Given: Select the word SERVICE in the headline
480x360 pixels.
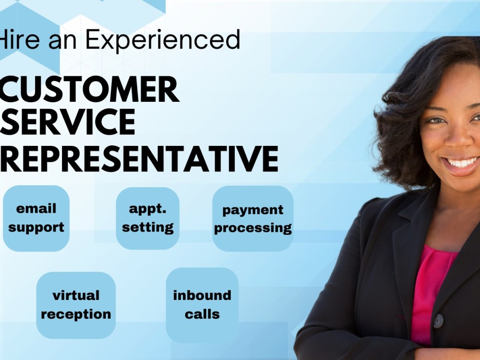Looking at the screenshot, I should [x=68, y=122].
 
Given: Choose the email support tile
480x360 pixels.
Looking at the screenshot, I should [x=36, y=218].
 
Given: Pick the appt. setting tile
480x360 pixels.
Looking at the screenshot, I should [x=147, y=218].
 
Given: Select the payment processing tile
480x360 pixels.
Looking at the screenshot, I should [x=253, y=218].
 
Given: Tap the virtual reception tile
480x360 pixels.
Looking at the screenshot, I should [x=76, y=305].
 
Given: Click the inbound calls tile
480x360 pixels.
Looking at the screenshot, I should [x=202, y=305].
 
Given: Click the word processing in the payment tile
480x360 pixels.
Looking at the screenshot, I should [x=253, y=228].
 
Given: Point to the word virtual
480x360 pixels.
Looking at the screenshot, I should [x=76, y=295].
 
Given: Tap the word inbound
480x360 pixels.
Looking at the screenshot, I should [x=202, y=295].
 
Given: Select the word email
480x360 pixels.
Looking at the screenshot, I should [x=36, y=209].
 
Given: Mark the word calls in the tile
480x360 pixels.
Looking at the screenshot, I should [x=202, y=315].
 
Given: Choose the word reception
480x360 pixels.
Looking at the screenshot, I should [x=76, y=315].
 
